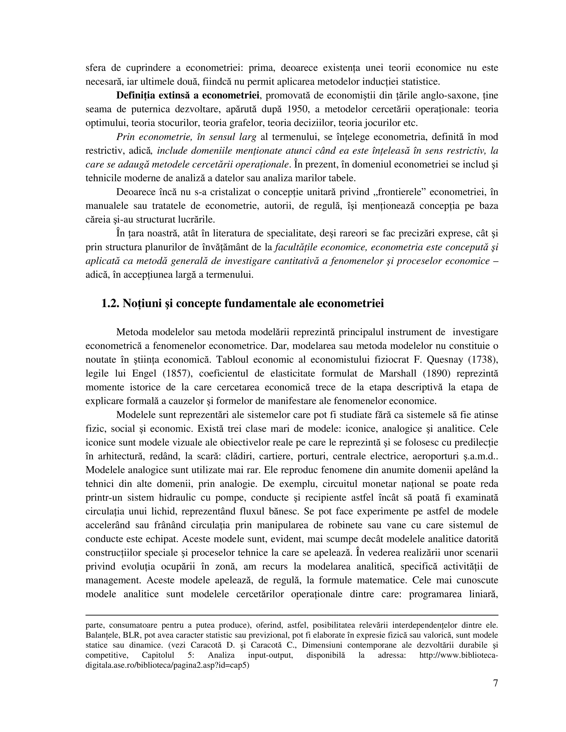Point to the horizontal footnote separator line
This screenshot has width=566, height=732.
[292, 615]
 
